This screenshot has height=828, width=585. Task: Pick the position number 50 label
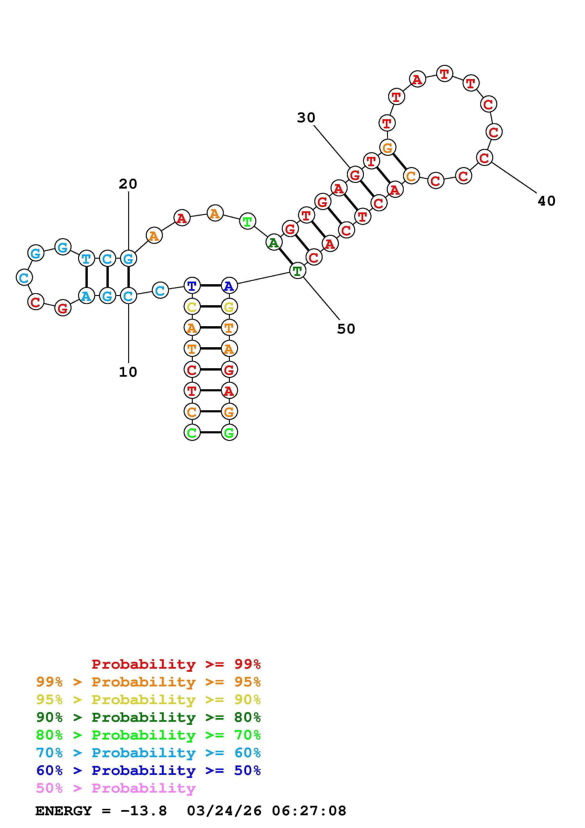pyautogui.click(x=346, y=329)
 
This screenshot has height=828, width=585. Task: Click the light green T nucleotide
pyautogui.click(x=247, y=221)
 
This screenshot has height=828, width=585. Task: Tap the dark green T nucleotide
pyautogui.click(x=297, y=271)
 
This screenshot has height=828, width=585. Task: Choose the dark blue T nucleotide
pyautogui.click(x=192, y=286)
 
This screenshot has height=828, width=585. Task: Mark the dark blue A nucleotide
pyautogui.click(x=229, y=286)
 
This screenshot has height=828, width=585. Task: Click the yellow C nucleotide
pyautogui.click(x=192, y=307)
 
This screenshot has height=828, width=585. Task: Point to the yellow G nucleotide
pyautogui.click(x=229, y=307)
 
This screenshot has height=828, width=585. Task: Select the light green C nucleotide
pyautogui.click(x=192, y=432)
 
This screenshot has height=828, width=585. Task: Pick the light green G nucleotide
pyautogui.click(x=229, y=432)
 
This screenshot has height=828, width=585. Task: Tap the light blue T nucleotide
pyautogui.click(x=86, y=258)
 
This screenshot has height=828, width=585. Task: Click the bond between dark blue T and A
pyautogui.click(x=210, y=286)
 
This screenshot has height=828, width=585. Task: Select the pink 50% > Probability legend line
pyautogui.click(x=116, y=788)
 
